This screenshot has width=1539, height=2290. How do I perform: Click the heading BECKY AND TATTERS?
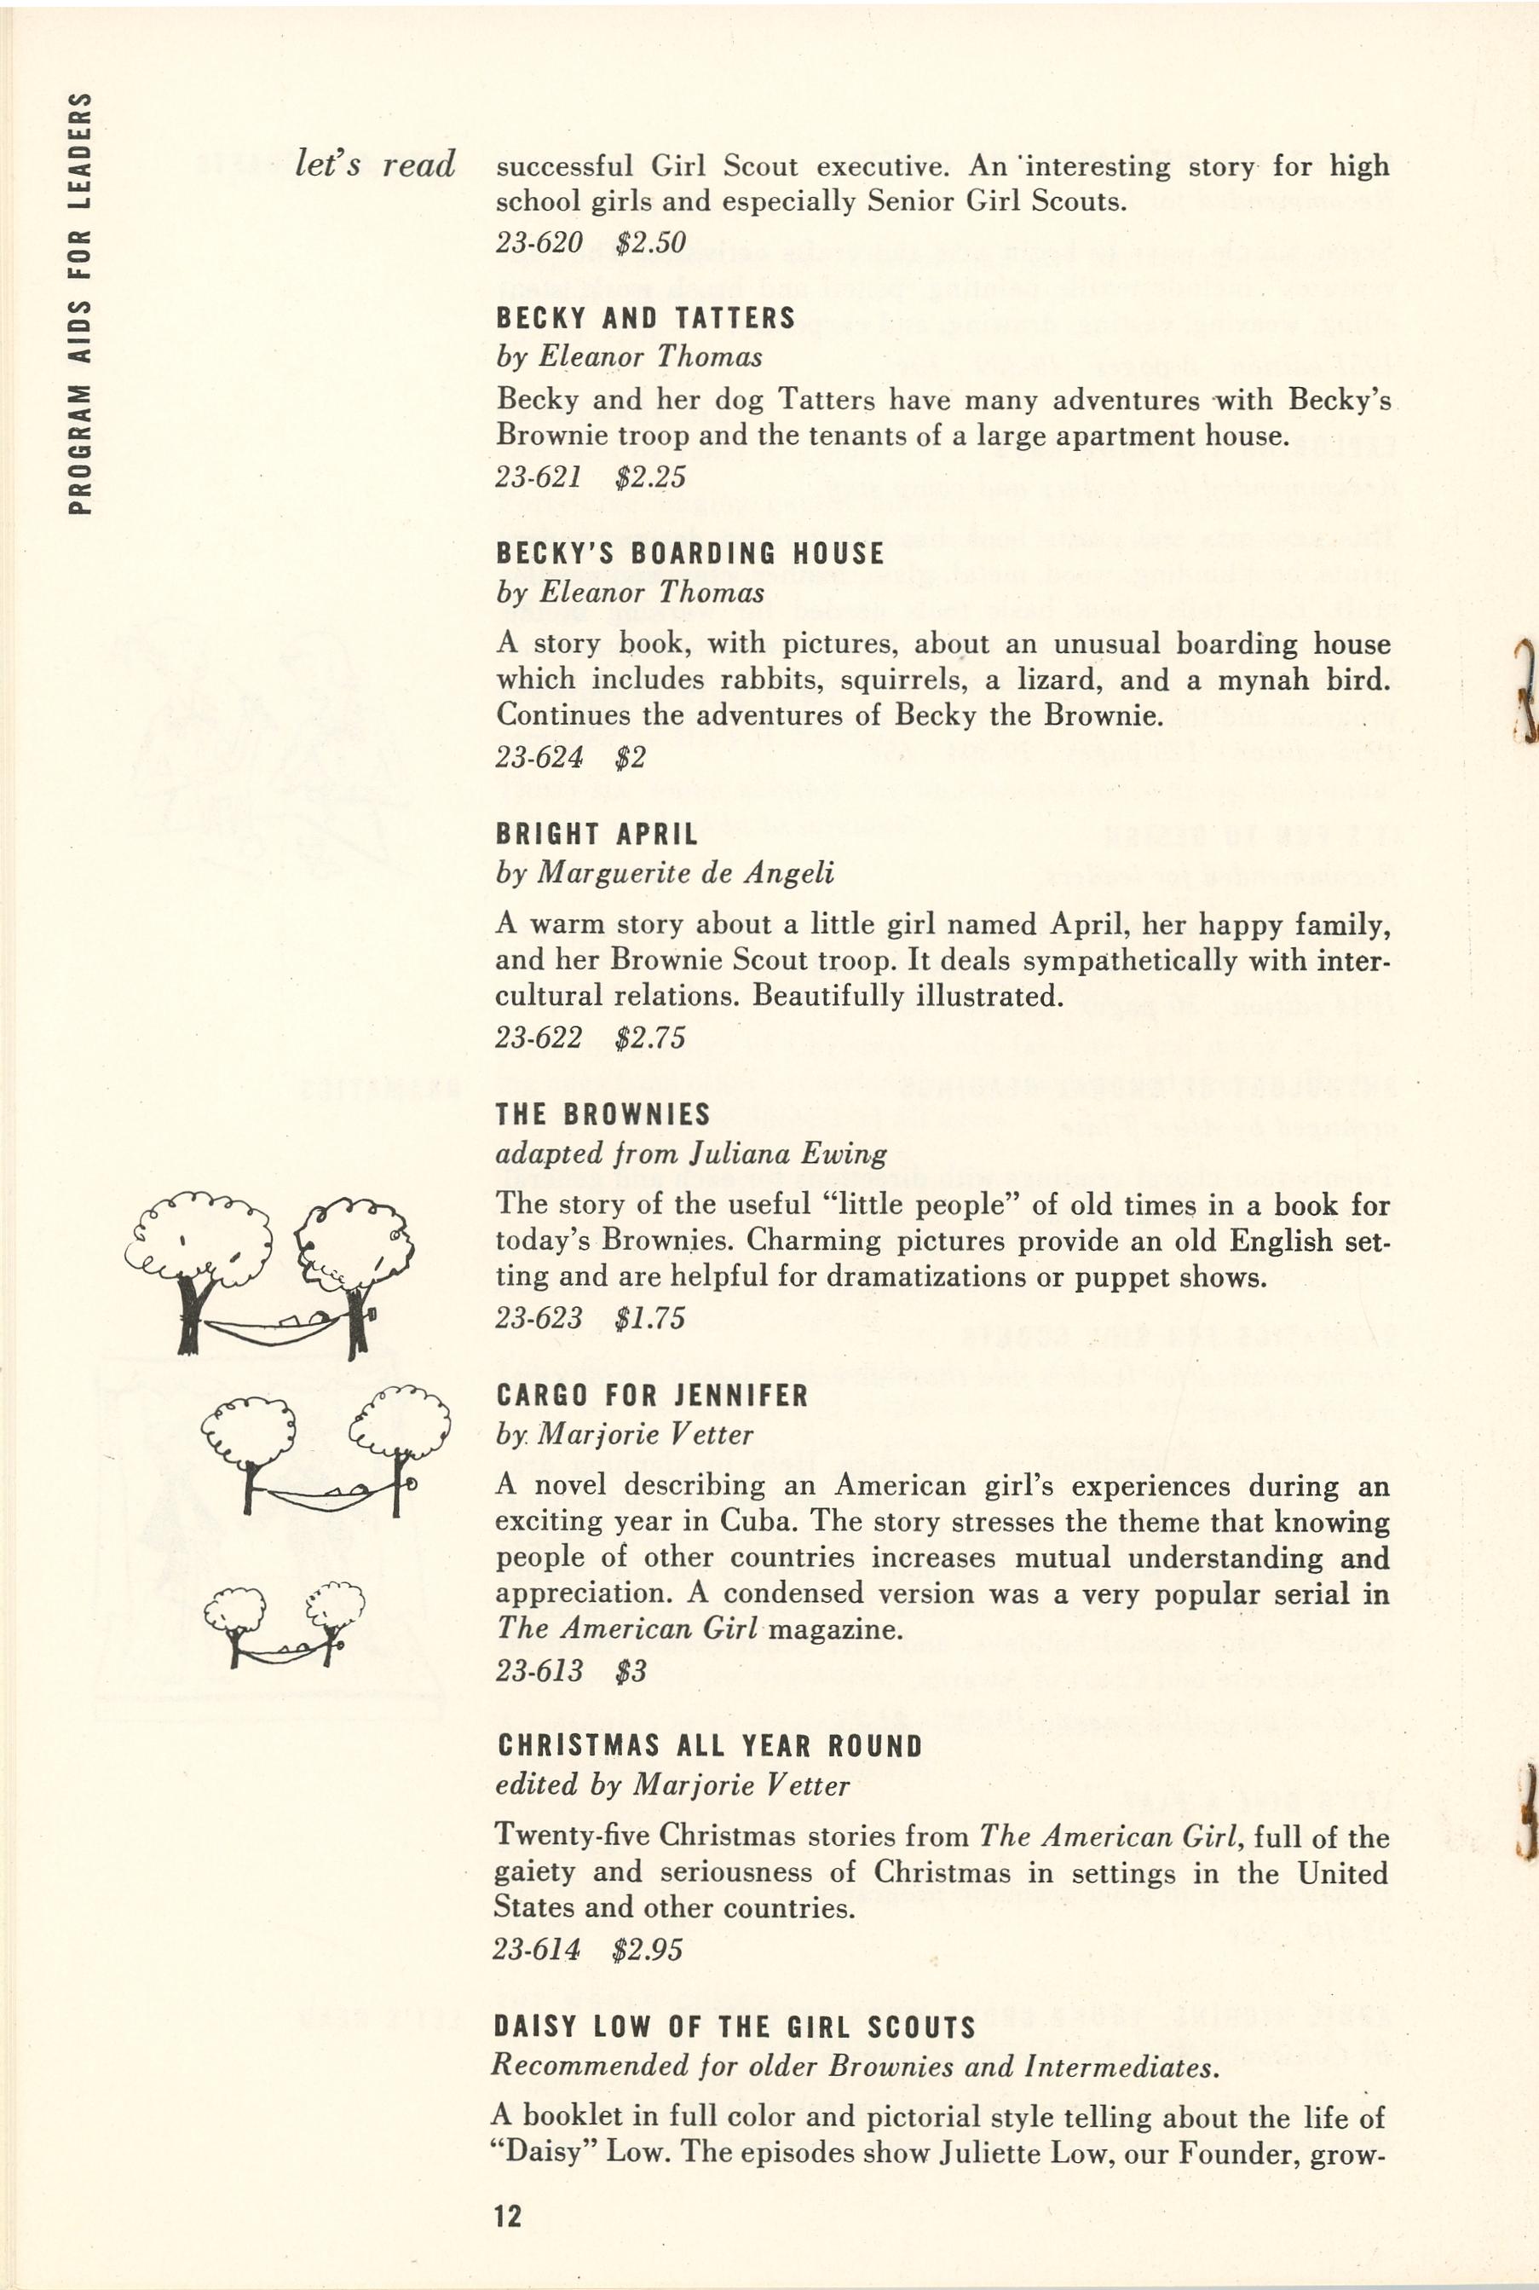click(645, 318)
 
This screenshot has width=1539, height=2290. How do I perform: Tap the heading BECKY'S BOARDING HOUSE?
click(689, 554)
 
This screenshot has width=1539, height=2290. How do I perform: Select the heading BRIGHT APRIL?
click(597, 834)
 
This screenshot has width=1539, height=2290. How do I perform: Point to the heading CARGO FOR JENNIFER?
click(652, 1396)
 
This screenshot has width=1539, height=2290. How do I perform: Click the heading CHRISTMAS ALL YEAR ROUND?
click(710, 1746)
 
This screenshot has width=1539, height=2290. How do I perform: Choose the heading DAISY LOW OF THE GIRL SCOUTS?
click(735, 2027)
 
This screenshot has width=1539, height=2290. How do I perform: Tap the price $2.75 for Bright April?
click(649, 1038)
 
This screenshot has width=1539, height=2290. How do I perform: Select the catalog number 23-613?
click(539, 1670)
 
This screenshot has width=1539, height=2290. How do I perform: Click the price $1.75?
click(649, 1318)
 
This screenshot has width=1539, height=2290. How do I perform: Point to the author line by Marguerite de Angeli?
click(665, 872)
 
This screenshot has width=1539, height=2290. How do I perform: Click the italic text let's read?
click(376, 164)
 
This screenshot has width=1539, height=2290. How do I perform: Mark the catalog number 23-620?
click(539, 241)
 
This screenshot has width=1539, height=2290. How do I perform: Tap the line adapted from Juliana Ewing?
click(690, 1153)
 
